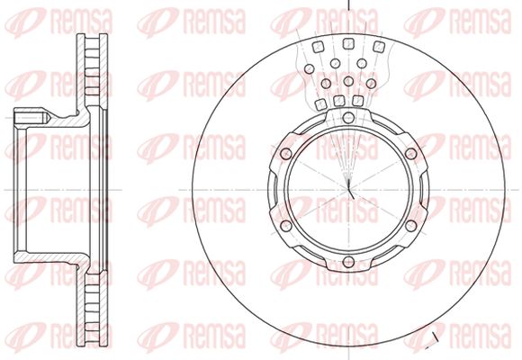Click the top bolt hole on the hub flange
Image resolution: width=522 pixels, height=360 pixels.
[348, 117]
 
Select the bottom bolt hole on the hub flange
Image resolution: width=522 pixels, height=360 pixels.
[348, 261]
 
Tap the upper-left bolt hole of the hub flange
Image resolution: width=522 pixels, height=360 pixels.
[286, 154]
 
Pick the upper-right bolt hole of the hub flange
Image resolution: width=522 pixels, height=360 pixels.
[411, 154]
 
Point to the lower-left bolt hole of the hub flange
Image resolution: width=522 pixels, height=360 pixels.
[286, 226]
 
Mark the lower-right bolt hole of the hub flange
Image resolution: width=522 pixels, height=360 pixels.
[411, 226]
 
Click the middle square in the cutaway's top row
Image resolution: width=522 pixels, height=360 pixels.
[348, 43]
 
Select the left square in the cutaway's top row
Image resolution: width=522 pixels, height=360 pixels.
[319, 47]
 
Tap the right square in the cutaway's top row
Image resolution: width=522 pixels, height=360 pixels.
[379, 47]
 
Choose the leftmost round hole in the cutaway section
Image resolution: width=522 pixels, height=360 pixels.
[310, 69]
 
